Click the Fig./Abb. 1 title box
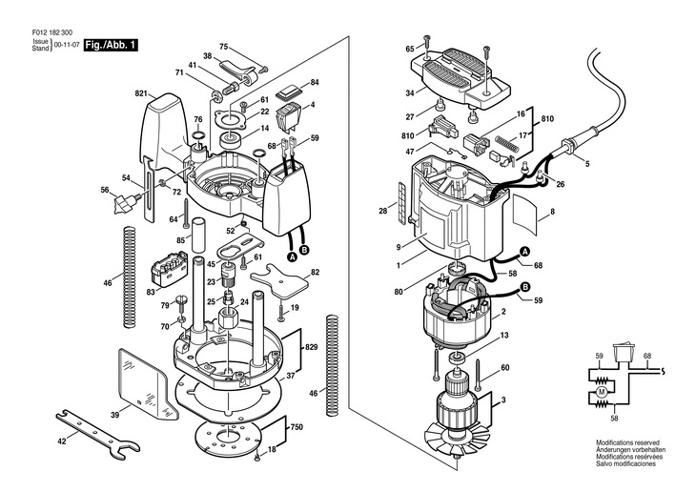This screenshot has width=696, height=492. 111,45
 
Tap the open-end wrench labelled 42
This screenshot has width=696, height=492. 97,435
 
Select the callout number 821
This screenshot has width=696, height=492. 141,93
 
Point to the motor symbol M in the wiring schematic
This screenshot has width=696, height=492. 602,392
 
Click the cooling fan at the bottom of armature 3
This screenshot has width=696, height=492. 457,438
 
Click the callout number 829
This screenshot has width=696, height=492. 311,347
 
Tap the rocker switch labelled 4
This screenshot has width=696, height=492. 288,116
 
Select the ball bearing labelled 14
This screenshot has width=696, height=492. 231,140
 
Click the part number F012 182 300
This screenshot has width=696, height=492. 52,32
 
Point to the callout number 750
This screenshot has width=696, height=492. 297,427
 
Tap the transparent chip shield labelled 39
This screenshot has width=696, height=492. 145,382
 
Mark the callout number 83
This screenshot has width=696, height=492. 151,292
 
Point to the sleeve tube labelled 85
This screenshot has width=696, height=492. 198,235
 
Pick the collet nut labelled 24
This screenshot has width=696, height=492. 229,318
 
